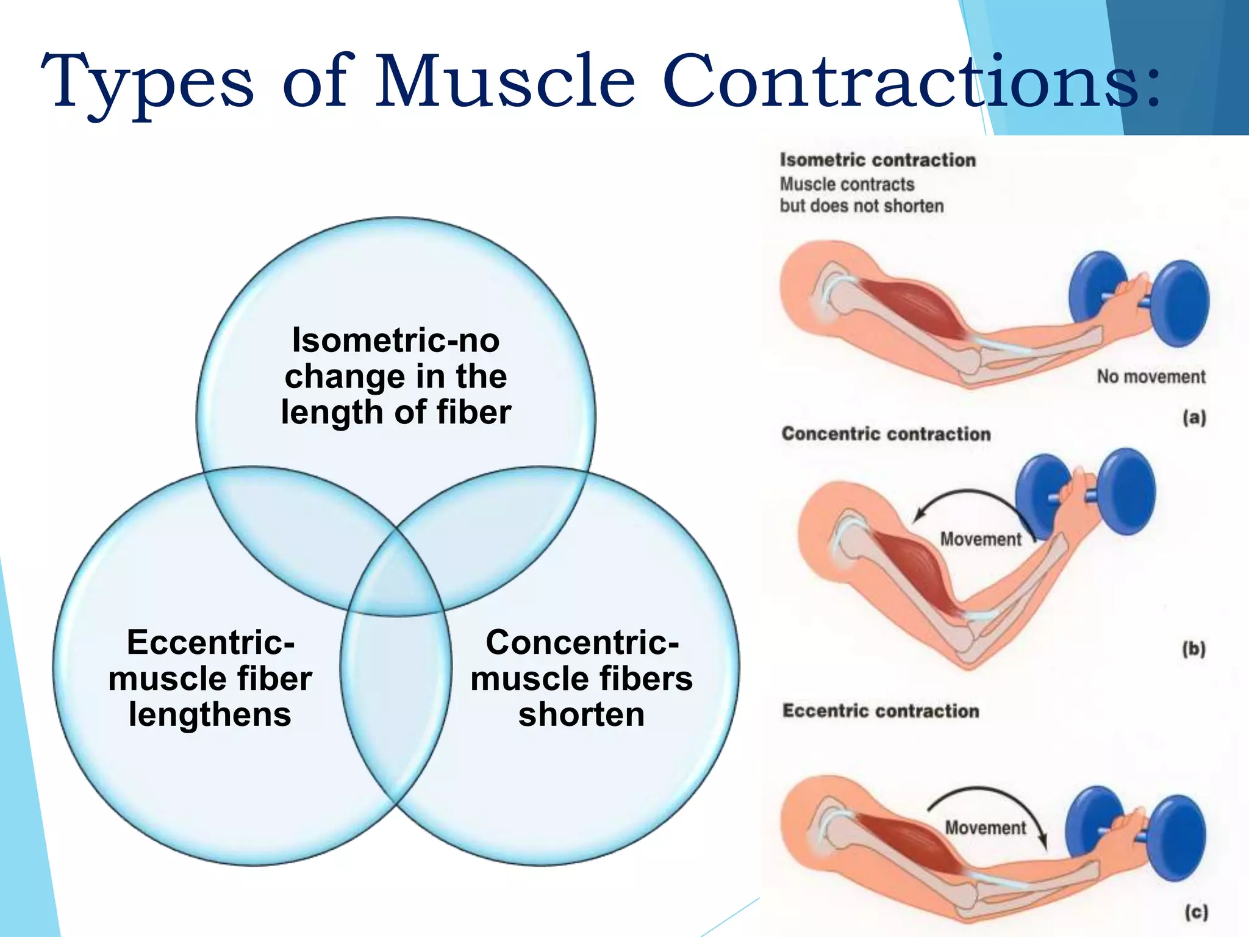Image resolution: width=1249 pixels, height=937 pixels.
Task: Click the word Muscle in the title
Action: (505, 82)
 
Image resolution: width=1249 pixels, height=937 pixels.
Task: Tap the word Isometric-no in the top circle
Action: (396, 340)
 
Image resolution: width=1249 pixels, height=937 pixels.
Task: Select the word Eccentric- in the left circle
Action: (210, 642)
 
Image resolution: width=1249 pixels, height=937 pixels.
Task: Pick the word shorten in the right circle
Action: (581, 714)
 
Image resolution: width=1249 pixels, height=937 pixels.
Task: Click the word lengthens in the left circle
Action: (210, 714)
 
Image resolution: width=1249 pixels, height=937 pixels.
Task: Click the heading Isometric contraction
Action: (878, 160)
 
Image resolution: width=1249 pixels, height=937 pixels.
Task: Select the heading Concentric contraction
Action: (886, 434)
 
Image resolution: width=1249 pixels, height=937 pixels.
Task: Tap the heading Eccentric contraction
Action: (881, 711)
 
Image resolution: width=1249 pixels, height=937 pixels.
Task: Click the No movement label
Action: (1151, 377)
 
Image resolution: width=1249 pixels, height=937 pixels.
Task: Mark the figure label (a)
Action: (1194, 418)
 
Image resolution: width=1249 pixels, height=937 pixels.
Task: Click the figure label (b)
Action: (1194, 649)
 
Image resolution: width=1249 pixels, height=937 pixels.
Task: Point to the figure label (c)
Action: (1196, 913)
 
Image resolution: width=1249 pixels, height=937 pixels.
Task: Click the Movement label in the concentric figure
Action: (980, 539)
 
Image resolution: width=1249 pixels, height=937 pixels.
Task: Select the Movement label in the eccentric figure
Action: (985, 828)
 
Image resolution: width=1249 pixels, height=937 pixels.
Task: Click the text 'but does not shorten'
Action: (862, 206)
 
